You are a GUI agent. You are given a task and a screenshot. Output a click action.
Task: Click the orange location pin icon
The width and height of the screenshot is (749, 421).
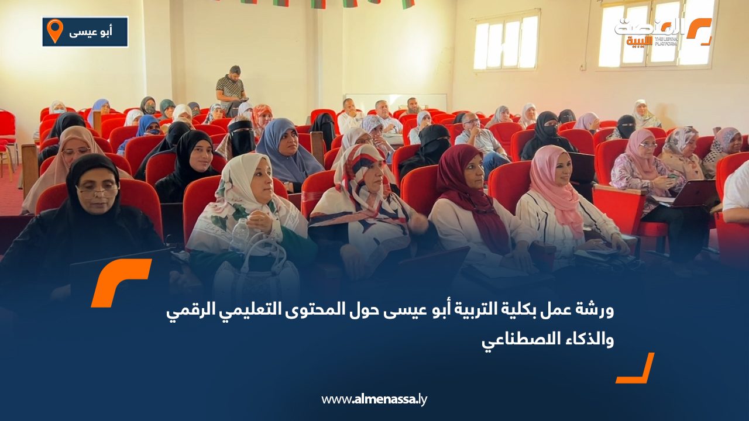(55, 31)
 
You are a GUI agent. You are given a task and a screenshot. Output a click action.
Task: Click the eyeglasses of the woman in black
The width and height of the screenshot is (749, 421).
(98, 191)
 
